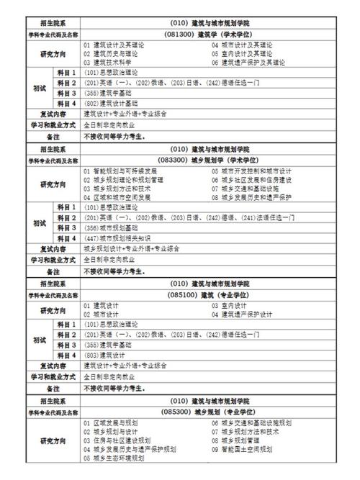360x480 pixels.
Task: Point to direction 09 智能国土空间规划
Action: click(245, 449)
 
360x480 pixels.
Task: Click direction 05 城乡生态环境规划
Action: click(114, 458)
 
